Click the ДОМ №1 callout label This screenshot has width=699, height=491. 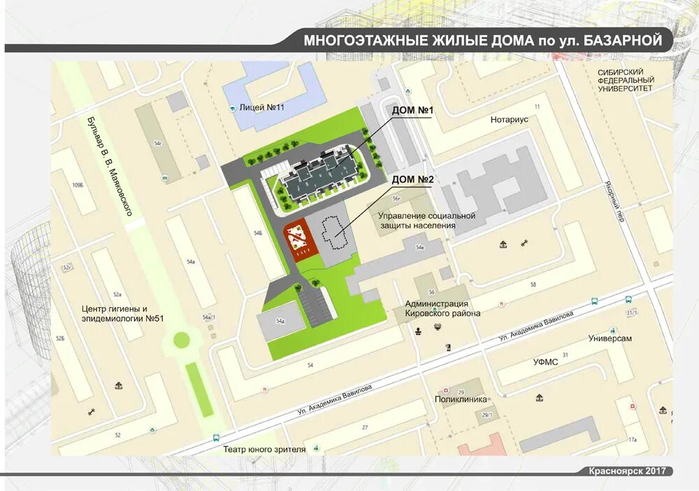pos(412,111)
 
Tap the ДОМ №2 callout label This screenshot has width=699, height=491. pos(412,180)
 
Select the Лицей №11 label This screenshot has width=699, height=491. pos(261,108)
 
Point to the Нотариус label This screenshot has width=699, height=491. pos(509,120)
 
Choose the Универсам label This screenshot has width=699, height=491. pos(610,339)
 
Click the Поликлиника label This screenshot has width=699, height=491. pos(460,400)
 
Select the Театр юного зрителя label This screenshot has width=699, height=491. pos(264,450)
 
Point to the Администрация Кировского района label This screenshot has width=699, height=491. pos(442,308)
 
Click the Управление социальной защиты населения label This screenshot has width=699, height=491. pos(427,220)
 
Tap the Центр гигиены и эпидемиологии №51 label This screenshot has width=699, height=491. pos(122,313)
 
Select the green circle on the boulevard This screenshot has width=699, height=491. pos(182,340)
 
